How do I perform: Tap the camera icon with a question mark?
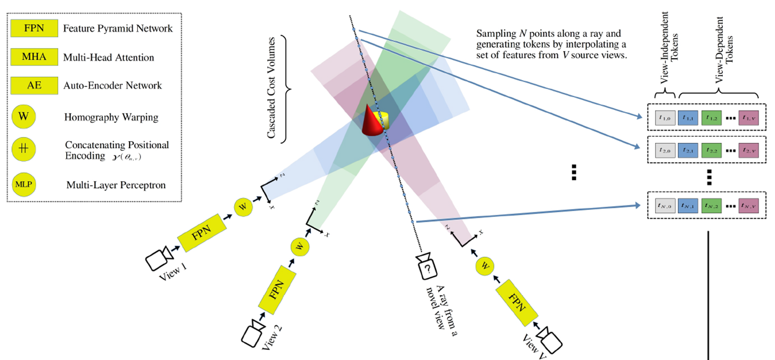point(427,266)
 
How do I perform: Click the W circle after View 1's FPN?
point(243,206)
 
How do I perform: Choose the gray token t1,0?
point(664,118)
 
